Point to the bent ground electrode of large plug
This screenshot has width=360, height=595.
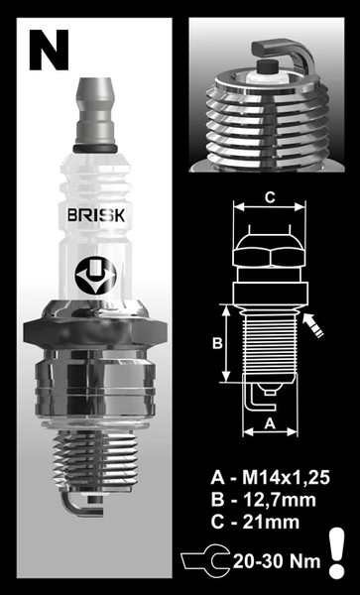pos(71,506)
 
